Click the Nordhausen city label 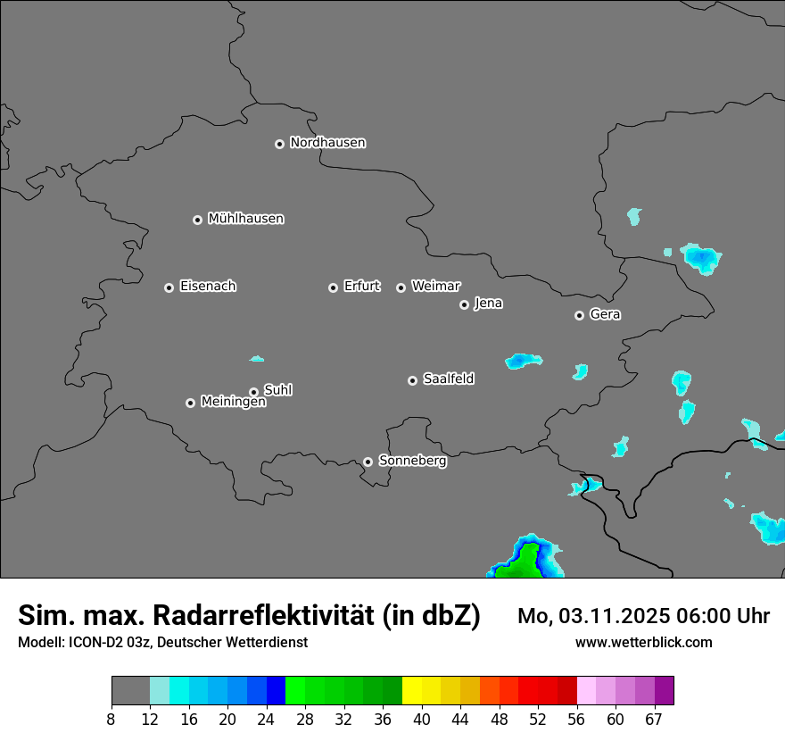(x=327, y=143)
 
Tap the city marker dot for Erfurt (x=333, y=287)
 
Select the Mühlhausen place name (x=245, y=219)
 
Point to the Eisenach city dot (x=169, y=287)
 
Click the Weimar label (x=435, y=287)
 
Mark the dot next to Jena (x=464, y=304)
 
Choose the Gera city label (x=605, y=314)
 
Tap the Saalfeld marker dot (x=412, y=380)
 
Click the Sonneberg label (x=412, y=461)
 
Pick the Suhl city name (x=277, y=390)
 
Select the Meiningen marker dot (x=190, y=403)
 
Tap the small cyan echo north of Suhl (x=257, y=359)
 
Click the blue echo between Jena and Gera (x=523, y=361)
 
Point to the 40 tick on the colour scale (x=421, y=719)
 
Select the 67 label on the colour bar (x=654, y=719)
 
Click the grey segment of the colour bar (x=130, y=690)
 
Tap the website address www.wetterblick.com (x=643, y=642)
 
